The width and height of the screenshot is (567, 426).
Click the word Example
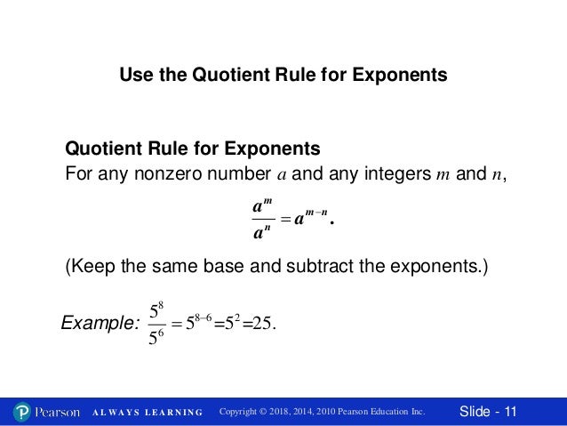click(x=95, y=325)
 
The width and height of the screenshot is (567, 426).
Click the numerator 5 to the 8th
click(x=156, y=310)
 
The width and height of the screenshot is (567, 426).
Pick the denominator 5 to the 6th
click(x=156, y=339)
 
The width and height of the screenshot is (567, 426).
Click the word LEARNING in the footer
click(x=172, y=412)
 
